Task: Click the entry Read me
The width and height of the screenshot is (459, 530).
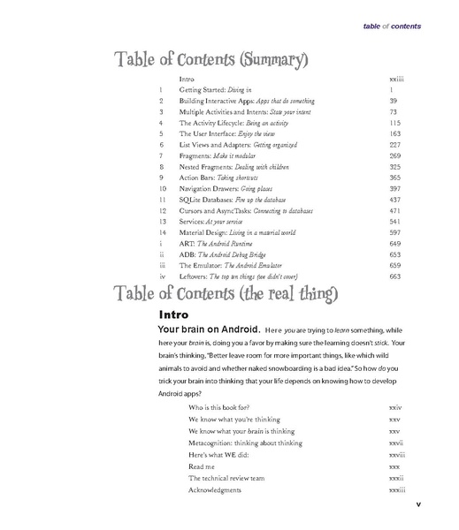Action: click(x=203, y=466)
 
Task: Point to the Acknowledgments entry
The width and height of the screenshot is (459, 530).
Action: click(x=215, y=489)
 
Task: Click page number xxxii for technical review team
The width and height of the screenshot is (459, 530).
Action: click(x=395, y=478)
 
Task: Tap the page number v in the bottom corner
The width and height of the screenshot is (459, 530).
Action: click(x=417, y=505)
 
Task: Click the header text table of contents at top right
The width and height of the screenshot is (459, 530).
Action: click(x=392, y=26)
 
